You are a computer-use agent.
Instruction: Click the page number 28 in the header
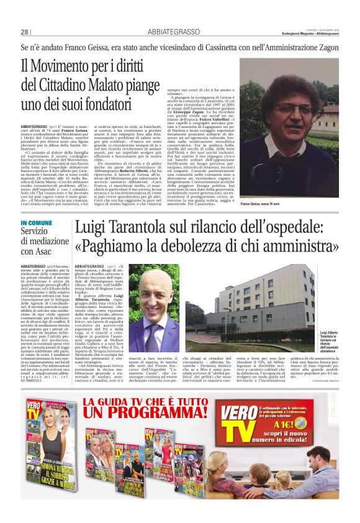coord(24,32)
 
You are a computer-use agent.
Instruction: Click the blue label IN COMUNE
coord(36,222)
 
